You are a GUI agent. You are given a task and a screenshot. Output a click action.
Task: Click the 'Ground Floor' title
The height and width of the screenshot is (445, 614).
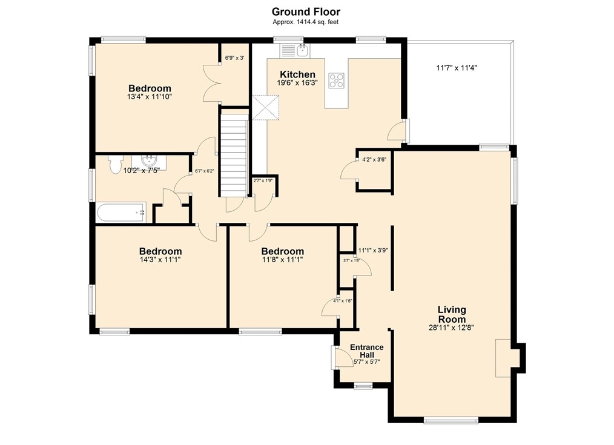pos(306,12)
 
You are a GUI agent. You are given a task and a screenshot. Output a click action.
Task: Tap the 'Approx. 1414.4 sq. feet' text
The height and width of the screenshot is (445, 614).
pos(305,22)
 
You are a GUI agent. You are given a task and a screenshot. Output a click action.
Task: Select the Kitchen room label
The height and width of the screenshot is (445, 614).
pos(297,74)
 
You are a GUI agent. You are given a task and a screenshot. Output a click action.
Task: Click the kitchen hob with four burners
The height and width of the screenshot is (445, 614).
pos(337,81)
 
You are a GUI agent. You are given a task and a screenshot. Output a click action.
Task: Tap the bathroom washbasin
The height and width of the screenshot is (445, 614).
pos(148,161)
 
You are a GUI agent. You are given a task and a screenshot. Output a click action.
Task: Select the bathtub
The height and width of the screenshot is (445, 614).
pos(121,213)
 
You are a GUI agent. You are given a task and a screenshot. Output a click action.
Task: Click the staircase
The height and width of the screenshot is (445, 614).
pos(234,153)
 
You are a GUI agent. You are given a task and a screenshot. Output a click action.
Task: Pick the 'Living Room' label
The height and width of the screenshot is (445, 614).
pos(452,314)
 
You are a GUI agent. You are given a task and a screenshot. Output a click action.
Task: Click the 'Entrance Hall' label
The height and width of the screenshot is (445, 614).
pos(366,351)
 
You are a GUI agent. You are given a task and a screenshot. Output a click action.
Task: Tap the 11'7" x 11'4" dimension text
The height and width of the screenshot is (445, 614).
pos(457,68)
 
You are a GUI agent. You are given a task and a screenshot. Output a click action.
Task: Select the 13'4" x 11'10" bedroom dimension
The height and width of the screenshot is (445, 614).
pos(150,96)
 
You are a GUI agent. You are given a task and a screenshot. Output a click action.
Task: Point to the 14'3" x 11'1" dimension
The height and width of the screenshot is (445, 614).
pos(160,259)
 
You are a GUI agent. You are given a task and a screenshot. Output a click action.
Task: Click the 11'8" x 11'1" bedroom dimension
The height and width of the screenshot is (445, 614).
pos(282,259)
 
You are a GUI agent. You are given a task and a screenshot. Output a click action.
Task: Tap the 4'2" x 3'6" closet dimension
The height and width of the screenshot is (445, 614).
pos(374,160)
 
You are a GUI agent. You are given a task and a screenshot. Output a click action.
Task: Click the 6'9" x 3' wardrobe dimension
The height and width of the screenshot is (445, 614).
pos(234,58)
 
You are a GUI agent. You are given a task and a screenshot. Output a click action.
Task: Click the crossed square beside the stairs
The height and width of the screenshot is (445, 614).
pos(265,107)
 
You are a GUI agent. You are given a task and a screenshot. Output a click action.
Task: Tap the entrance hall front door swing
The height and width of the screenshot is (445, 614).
pos(342,356)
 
